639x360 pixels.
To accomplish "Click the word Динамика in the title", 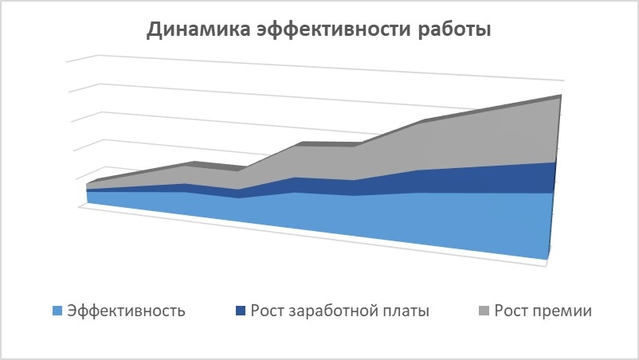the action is pyautogui.click(x=198, y=29).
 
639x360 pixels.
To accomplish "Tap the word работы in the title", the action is pyautogui.click(x=454, y=29).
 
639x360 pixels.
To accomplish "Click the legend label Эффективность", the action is pyautogui.click(x=127, y=311).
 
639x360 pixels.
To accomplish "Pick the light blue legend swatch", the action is pyautogui.click(x=57, y=311).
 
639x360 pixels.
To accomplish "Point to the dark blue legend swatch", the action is pyautogui.click(x=241, y=311).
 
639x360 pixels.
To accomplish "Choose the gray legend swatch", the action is pyautogui.click(x=484, y=311).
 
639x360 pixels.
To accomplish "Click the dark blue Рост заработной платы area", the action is pyautogui.click(x=449, y=181).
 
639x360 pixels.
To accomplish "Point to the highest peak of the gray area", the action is pyautogui.click(x=561, y=96).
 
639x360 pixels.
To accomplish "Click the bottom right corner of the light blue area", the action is pyautogui.click(x=547, y=259).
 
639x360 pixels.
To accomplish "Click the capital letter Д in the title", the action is pyautogui.click(x=155, y=30).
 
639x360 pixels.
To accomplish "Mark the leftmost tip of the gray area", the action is pyautogui.click(x=87, y=184).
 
